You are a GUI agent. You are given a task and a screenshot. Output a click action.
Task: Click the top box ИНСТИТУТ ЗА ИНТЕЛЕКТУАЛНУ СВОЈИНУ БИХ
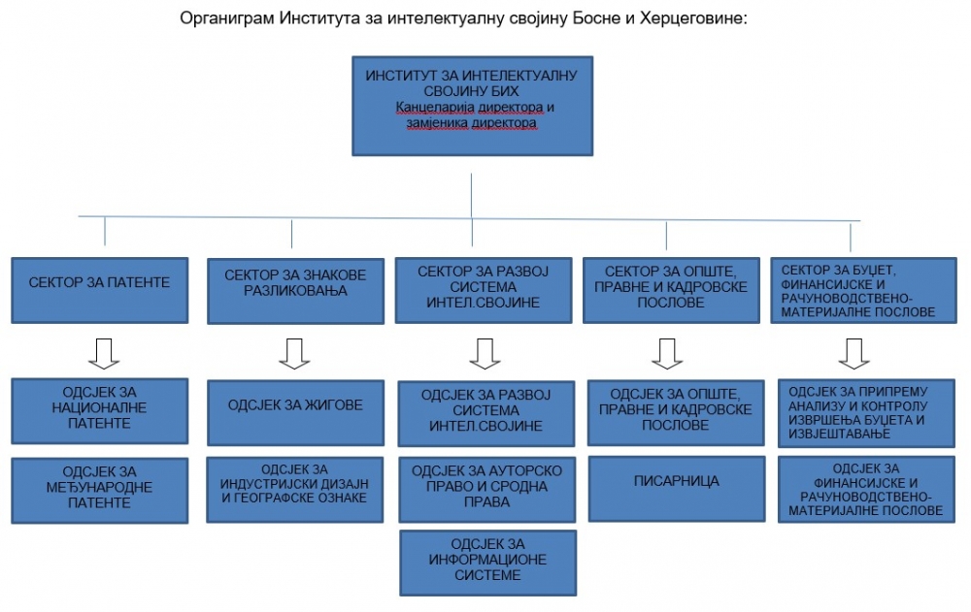(x=473, y=106)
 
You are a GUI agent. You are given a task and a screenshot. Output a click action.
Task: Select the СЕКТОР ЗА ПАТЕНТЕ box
(x=100, y=290)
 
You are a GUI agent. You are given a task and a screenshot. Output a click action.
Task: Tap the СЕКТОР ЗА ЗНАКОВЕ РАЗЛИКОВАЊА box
(x=295, y=291)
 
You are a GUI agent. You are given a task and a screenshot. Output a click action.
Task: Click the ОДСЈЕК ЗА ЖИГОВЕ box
(x=295, y=413)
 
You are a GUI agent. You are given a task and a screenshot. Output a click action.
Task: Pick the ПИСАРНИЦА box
(x=677, y=489)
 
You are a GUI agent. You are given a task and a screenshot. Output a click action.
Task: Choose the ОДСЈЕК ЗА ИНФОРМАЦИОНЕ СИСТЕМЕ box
(x=488, y=563)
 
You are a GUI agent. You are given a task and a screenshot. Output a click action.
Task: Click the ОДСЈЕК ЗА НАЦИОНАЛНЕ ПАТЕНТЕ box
(x=100, y=411)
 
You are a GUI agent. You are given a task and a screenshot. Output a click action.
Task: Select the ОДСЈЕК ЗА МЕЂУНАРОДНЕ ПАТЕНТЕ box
(x=100, y=490)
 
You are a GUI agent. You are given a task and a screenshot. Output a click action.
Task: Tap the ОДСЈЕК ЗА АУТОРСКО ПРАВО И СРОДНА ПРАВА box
(x=487, y=490)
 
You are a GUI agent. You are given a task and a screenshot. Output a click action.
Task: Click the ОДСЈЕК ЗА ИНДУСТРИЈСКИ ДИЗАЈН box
(x=295, y=490)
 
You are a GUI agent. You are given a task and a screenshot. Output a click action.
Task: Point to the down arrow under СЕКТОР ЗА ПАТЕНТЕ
(x=104, y=354)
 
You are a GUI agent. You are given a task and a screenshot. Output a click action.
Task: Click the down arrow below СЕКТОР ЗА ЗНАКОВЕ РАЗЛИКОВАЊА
(x=294, y=354)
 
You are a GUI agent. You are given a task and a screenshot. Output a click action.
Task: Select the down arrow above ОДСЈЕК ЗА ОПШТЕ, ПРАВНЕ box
(x=667, y=354)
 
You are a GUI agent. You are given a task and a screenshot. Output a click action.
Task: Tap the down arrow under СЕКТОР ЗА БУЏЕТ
(x=854, y=354)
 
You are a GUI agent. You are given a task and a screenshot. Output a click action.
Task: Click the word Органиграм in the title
(x=226, y=18)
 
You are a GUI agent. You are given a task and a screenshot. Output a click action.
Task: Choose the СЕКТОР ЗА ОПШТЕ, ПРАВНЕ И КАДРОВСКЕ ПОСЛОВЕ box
(x=671, y=290)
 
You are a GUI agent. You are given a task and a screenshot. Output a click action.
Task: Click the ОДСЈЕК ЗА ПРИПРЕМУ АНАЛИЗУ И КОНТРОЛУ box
(x=866, y=413)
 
